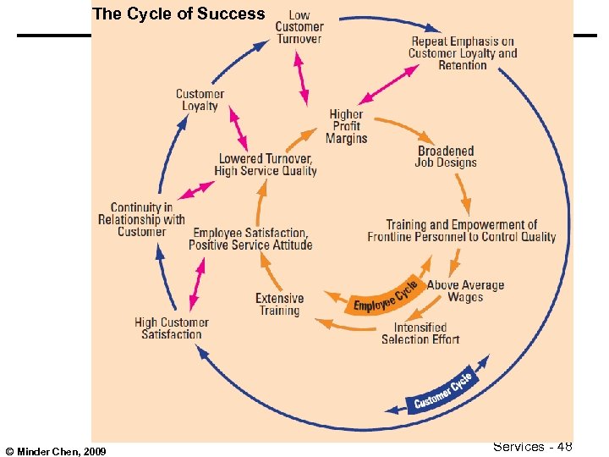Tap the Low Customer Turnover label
[299, 27]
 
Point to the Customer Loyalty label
[200, 100]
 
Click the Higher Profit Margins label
[347, 126]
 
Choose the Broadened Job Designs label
[446, 157]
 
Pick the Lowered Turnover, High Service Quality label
[266, 165]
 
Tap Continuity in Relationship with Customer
[141, 219]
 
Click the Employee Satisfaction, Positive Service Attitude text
[250, 239]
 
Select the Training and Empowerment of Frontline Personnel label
[462, 231]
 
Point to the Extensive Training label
[279, 304]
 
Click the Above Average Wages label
[465, 291]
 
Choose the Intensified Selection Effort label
[420, 333]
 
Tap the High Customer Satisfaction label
[172, 328]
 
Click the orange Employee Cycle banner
[386, 297]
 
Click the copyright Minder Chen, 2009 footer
[54, 452]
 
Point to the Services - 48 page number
[532, 446]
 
